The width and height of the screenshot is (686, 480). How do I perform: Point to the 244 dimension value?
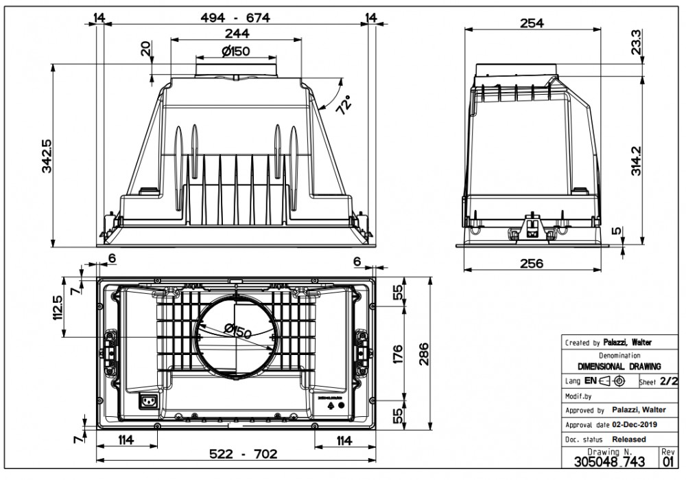click(235, 34)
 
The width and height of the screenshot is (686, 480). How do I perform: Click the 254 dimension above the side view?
click(532, 23)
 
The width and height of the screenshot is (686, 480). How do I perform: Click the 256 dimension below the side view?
click(532, 263)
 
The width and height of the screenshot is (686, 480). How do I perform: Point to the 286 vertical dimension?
click(424, 354)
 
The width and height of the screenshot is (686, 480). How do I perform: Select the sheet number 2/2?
click(667, 381)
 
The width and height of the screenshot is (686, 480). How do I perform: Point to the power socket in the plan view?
click(148, 401)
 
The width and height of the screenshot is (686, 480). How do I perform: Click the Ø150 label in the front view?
click(236, 51)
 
